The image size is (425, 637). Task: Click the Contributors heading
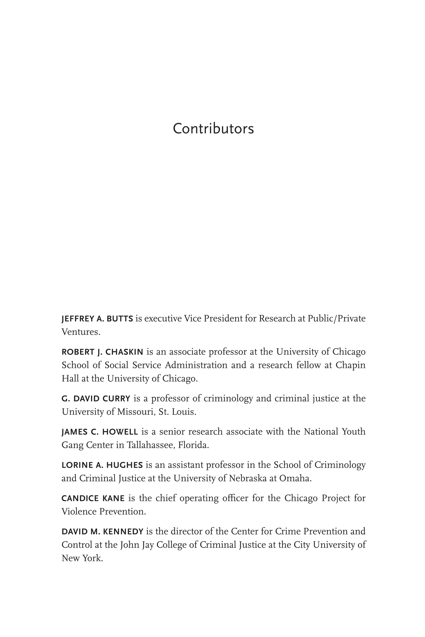pyautogui.click(x=213, y=129)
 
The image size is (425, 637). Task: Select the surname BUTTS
pyautogui.click(x=120, y=319)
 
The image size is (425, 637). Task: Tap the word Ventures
pyautogui.click(x=81, y=332)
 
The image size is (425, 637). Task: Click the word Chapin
pyautogui.click(x=350, y=365)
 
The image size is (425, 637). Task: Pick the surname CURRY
pyautogui.click(x=117, y=399)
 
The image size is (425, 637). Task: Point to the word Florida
pyautogui.click(x=193, y=445)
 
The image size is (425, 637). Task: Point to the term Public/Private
pyautogui.click(x=336, y=319)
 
